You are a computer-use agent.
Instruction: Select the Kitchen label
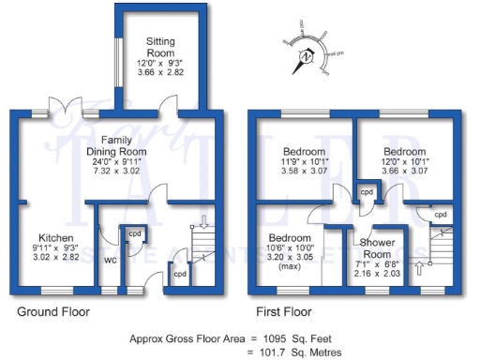pyautogui.click(x=56, y=238)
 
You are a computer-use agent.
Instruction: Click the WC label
pyautogui.click(x=109, y=260)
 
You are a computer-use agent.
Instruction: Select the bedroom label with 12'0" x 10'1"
pyautogui.click(x=406, y=152)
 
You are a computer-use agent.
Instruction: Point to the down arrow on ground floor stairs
pyautogui.click(x=203, y=222)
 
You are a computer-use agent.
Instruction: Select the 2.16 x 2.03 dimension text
pyautogui.click(x=378, y=273)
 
